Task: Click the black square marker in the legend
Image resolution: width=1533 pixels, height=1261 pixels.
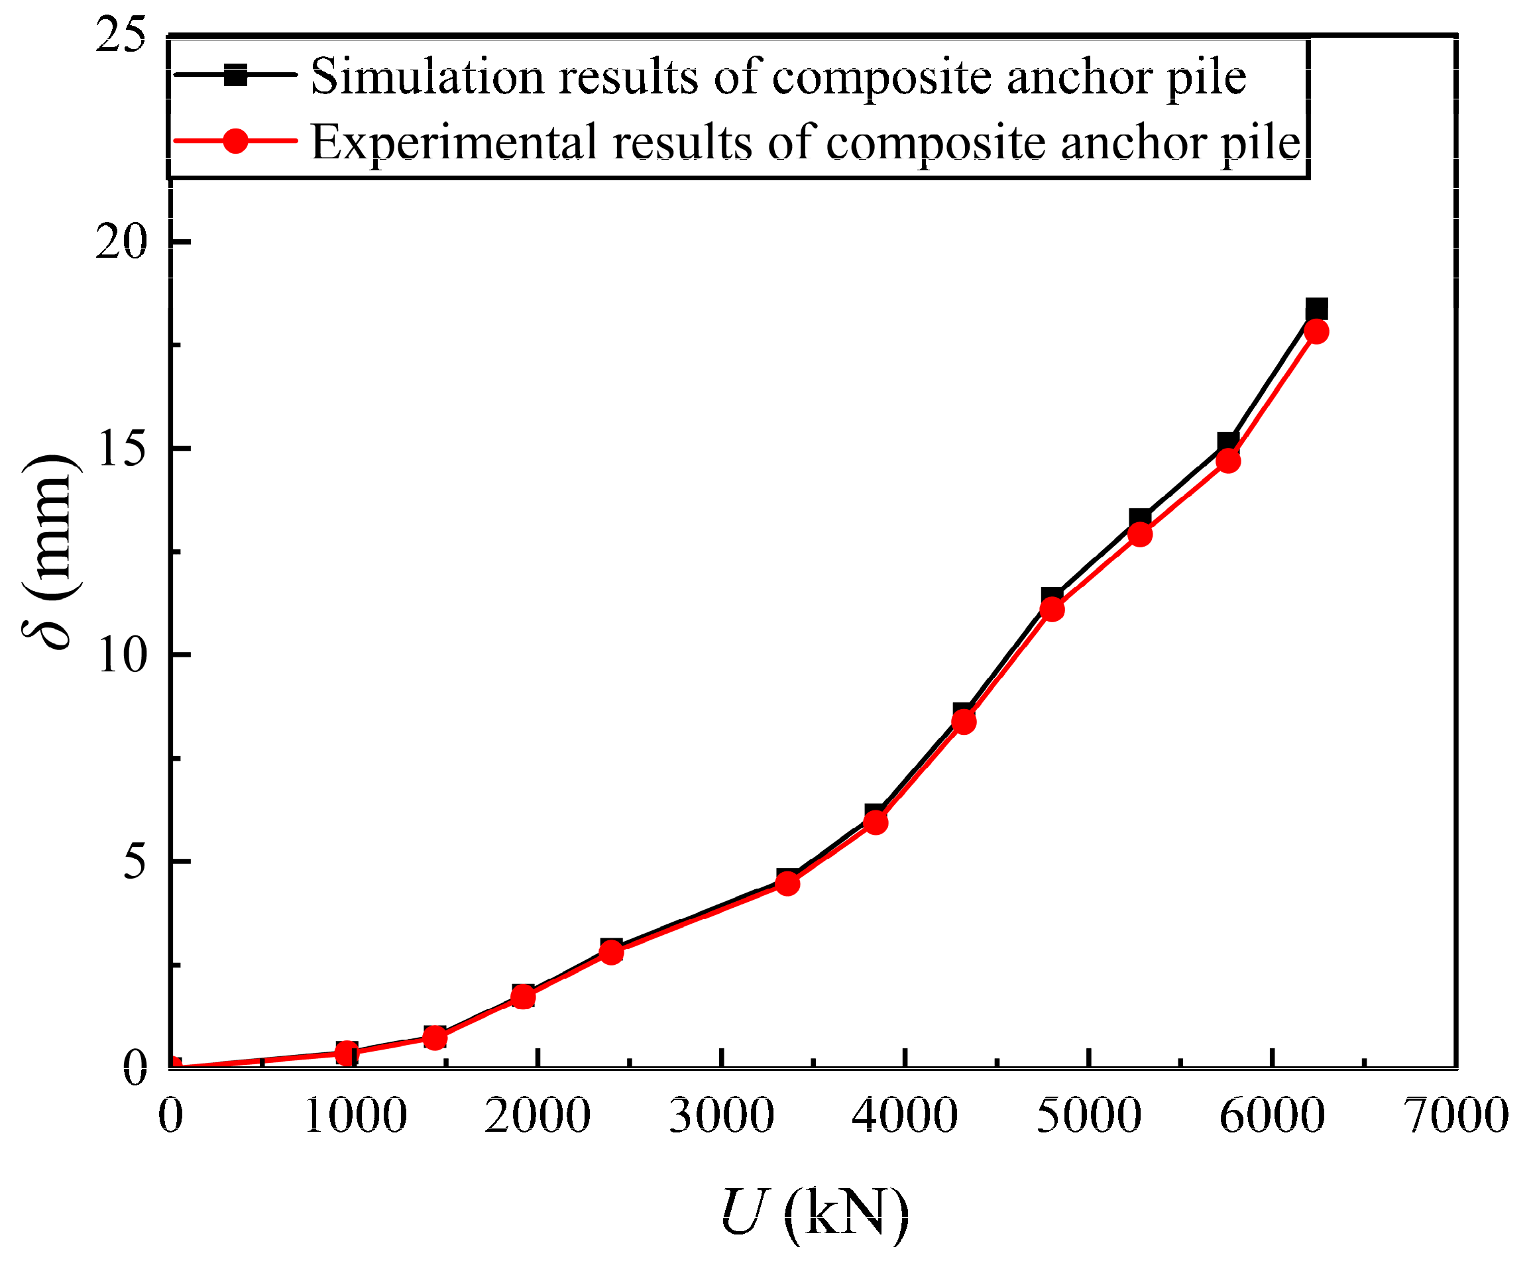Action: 235,75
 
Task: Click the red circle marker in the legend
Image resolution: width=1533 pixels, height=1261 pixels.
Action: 235,140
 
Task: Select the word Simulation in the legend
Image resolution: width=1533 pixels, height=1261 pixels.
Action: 427,76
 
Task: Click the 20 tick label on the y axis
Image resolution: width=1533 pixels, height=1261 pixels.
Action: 121,243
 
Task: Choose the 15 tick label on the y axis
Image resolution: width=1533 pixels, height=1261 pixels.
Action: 121,449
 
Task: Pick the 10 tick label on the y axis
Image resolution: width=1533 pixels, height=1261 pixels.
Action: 121,655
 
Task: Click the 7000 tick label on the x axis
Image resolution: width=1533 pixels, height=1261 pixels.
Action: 1457,1116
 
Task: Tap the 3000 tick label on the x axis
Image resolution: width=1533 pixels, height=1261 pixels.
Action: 722,1116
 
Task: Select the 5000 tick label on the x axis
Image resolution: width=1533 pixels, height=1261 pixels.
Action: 1088,1116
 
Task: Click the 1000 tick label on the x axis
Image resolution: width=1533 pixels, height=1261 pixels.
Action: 355,1116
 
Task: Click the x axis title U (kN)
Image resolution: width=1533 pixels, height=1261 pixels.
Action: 814,1211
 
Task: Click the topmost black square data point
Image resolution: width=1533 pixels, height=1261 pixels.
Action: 1316,309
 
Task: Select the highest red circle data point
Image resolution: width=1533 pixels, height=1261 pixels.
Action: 1316,332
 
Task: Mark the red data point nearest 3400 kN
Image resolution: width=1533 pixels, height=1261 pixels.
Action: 787,883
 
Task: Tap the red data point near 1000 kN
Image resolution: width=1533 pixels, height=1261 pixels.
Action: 347,1053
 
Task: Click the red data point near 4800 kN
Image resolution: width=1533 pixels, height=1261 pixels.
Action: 1052,610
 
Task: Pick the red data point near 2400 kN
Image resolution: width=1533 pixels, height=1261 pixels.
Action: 612,952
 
